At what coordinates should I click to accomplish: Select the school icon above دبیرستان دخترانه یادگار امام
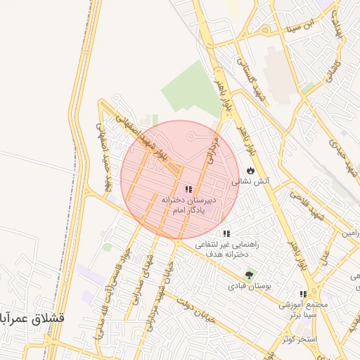pos(188,189)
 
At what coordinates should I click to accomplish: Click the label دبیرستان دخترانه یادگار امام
pos(188,205)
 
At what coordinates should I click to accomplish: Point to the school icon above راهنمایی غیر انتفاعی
pos(226,233)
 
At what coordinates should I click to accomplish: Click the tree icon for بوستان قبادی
pos(248,275)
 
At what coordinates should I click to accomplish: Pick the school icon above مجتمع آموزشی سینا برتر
pos(303,295)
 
